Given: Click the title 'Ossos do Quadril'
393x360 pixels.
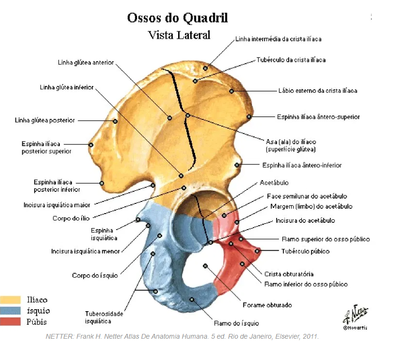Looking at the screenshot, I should pos(177,18).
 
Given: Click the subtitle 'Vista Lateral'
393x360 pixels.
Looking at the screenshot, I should pos(179,35).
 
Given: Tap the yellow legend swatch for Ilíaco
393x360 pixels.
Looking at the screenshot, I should pos(10,300).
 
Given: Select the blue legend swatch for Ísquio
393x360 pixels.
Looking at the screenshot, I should pos(10,311).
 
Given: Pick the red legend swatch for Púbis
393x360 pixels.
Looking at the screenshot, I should pos(10,321).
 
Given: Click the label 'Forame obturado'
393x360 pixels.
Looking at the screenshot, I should pos(267,305).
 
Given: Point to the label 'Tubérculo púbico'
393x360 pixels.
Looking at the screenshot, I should pos(305,251).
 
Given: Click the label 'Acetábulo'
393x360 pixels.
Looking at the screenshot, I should pos(274,183).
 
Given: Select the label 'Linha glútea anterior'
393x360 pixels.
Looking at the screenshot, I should pos(85,62).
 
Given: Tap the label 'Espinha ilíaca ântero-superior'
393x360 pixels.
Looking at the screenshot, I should pos(318,117).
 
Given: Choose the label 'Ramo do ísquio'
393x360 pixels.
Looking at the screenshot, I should pos(236,323).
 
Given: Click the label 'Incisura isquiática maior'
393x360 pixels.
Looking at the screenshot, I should pos(57,205).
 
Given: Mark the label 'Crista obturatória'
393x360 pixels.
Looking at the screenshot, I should pos(289,274).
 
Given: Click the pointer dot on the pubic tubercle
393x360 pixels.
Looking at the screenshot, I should pos(257,251).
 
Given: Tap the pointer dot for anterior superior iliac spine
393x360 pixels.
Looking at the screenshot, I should pos(249,116).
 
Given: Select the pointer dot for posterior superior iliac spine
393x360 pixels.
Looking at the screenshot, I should pos(91,144).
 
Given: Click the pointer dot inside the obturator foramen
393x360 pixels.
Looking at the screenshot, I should pos(206,266).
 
